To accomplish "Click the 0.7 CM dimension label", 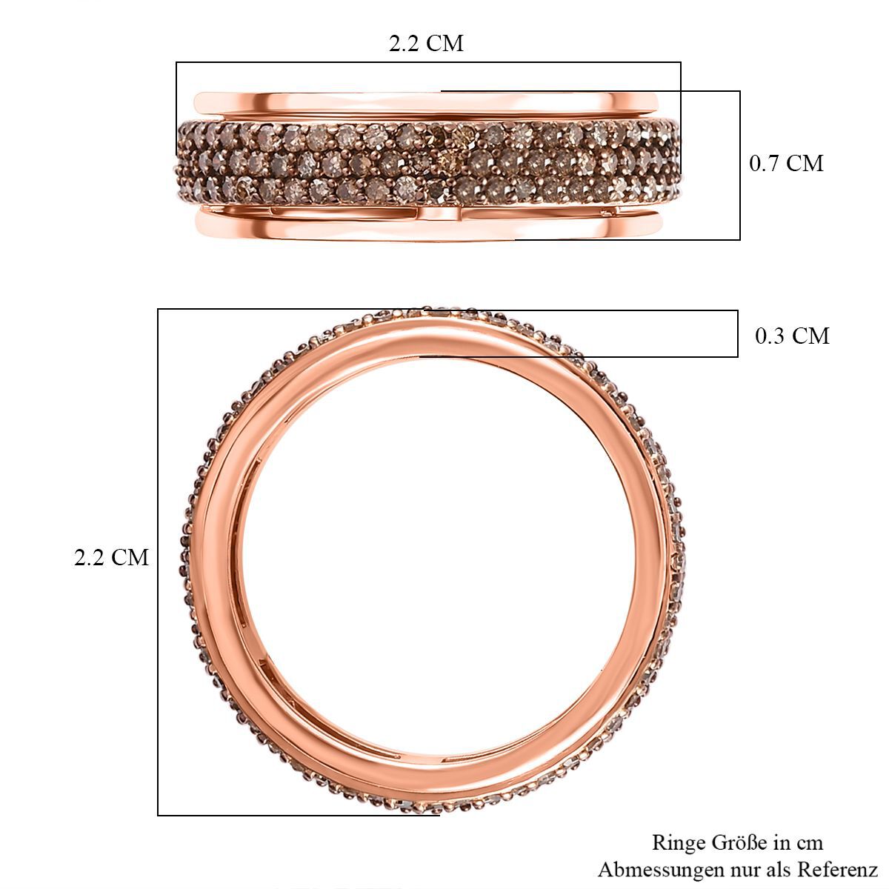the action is point(786,163).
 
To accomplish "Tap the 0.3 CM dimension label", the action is point(792,336).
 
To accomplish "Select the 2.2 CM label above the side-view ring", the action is point(426,44).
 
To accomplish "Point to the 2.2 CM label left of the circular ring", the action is point(111,557).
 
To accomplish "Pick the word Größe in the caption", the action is point(740,842).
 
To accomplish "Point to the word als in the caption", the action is point(779,870).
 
